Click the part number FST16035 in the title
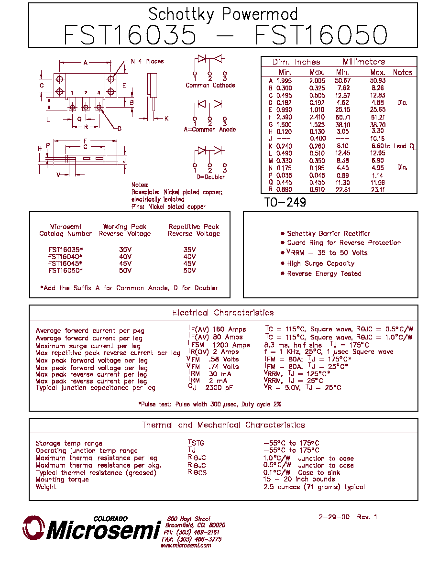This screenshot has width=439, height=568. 130,35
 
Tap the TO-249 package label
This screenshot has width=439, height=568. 285,202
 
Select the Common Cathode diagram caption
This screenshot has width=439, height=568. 210,85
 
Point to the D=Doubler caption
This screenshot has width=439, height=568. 210,177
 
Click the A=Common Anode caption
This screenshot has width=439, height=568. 210,129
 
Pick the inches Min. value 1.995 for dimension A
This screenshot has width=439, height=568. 284,81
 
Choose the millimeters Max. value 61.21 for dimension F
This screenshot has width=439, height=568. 377,117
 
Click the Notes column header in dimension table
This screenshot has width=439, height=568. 403,73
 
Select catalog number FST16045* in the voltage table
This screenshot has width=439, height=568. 65,263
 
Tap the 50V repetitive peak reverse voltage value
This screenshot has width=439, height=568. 189,270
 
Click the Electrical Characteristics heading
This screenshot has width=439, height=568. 223,313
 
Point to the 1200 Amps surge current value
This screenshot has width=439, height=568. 231,345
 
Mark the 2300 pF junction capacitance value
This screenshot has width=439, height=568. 219,388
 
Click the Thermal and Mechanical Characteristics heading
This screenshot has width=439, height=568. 223,425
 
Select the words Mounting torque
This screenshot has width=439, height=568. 62,480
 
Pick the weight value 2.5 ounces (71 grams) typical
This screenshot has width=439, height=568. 314,487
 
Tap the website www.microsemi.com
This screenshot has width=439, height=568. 186,545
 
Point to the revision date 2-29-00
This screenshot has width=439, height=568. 334,517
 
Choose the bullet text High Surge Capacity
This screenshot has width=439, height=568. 320,263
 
